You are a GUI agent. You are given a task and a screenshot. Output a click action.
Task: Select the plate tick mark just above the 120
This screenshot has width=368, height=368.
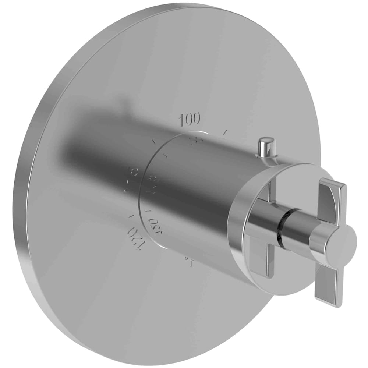130,217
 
